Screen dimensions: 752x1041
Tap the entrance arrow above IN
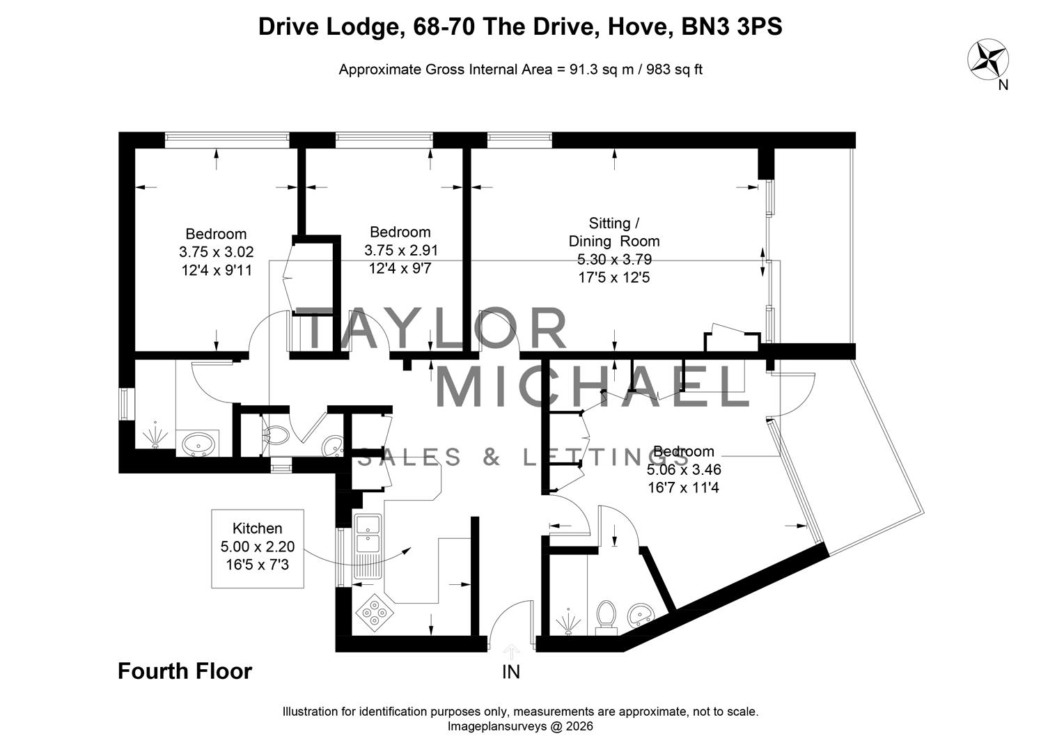click(512, 652)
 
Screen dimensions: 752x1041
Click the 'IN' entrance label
click(511, 672)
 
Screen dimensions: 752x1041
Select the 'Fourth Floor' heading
click(185, 671)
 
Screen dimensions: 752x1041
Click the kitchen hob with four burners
click(375, 613)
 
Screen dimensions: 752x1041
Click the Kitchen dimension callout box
click(258, 548)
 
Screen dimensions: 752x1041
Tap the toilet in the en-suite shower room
click(606, 616)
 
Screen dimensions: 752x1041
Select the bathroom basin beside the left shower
click(198, 443)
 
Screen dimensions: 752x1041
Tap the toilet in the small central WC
click(277, 435)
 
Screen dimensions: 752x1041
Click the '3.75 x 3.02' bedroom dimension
click(216, 252)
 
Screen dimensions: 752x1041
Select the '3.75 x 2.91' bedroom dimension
click(401, 250)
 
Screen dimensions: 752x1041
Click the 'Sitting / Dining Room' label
click(613, 232)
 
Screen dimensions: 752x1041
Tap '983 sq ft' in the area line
click(675, 70)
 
